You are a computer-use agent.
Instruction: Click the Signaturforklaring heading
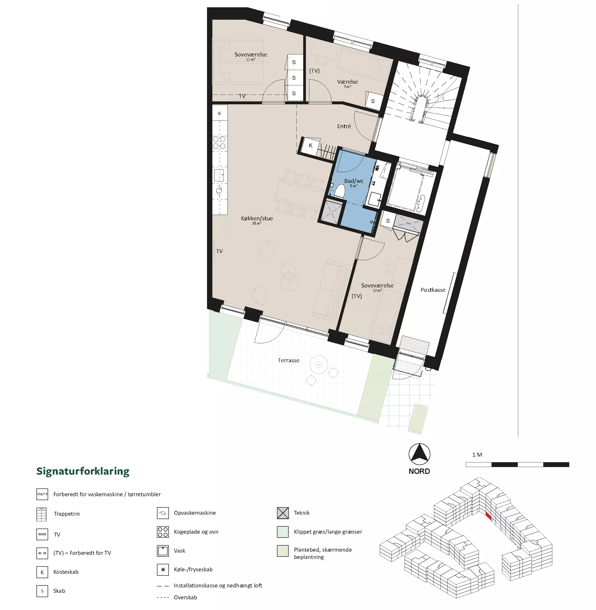[83, 471]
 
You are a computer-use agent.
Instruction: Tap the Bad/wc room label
[354, 181]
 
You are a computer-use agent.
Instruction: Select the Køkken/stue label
[257, 218]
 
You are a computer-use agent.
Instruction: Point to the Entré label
[344, 126]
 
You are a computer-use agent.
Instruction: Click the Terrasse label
[289, 360]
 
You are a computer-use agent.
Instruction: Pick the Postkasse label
[433, 290]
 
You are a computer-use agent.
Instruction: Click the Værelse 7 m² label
[347, 83]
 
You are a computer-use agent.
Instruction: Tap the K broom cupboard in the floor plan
[311, 145]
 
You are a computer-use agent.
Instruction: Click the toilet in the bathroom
[339, 191]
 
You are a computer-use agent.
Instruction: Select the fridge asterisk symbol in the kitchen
[219, 113]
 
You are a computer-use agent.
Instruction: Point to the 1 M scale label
[477, 455]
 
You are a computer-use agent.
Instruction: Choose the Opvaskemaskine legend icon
[163, 513]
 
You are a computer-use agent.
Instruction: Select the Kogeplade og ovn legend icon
[163, 532]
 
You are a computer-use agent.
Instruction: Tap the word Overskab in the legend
[186, 597]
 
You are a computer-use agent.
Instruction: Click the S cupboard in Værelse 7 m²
[373, 101]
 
